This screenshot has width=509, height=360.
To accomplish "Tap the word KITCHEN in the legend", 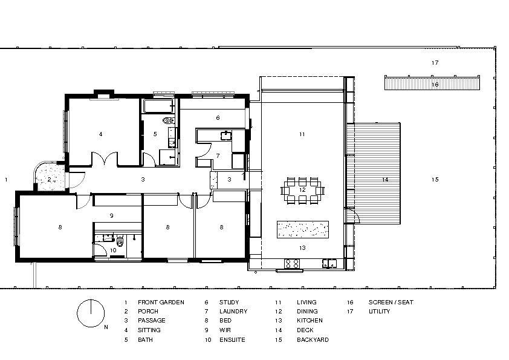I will [x=310, y=321].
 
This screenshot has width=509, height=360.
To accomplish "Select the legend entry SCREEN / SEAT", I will [x=391, y=302].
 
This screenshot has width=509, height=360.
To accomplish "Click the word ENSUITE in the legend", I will [x=233, y=340].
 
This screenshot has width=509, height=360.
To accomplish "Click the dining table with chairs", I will [x=302, y=190].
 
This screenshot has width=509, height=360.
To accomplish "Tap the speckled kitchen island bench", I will [x=303, y=229].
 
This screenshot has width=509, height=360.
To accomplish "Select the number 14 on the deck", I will [x=384, y=180].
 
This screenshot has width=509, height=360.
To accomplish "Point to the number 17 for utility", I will [x=434, y=63].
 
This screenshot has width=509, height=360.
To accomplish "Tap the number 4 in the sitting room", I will [x=100, y=134].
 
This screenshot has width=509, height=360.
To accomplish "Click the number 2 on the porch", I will [x=50, y=179].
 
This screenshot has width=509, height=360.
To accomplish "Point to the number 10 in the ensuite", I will [x=112, y=250].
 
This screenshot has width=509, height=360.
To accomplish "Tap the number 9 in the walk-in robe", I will [x=112, y=215].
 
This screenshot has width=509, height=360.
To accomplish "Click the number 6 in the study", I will [x=218, y=117].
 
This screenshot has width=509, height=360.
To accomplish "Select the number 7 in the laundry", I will [x=218, y=155].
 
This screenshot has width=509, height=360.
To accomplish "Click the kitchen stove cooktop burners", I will [x=291, y=263].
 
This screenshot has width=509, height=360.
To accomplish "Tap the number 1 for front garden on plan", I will [x=5, y=180].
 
